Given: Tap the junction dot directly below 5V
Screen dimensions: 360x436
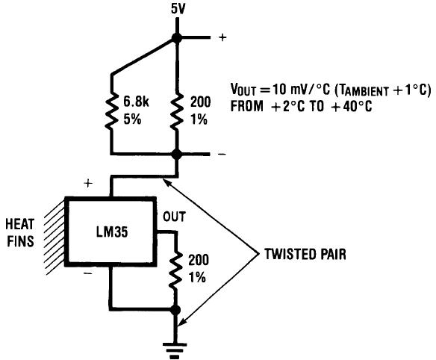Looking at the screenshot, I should click(x=177, y=39).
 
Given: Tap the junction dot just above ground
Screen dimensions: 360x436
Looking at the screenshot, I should click(x=177, y=308).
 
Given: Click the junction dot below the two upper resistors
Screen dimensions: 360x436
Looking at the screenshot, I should click(x=177, y=155).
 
